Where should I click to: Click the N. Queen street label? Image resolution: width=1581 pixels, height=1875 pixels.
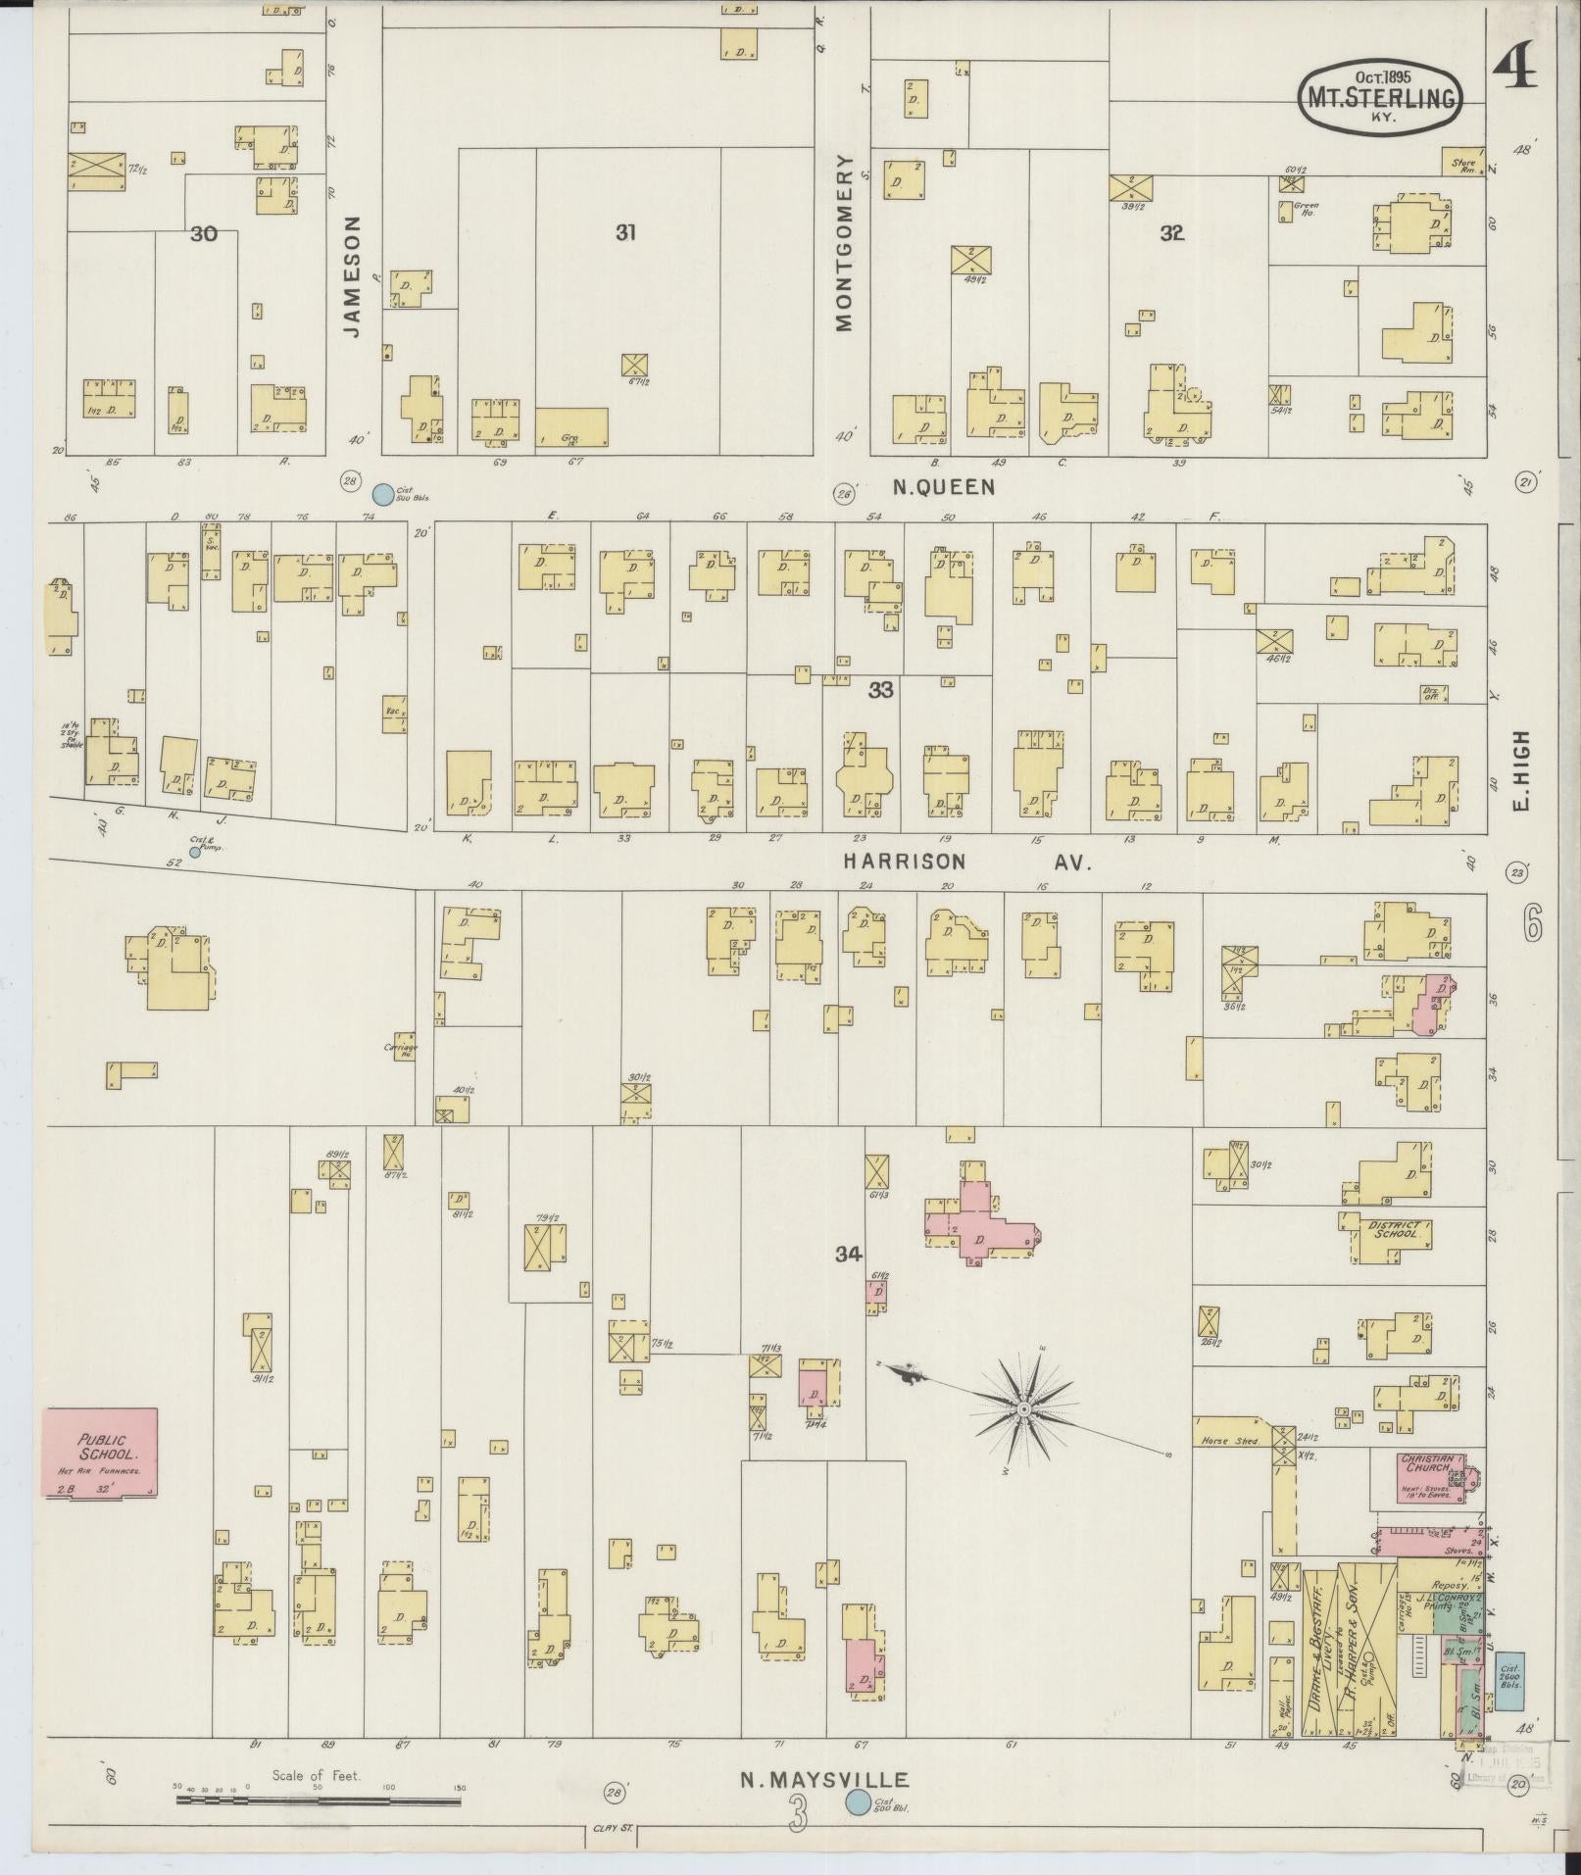[944, 487]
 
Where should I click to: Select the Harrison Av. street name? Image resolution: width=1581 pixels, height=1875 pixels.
[965, 862]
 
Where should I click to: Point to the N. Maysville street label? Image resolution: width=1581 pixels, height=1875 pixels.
[825, 1781]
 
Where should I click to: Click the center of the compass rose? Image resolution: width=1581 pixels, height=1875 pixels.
[1022, 1408]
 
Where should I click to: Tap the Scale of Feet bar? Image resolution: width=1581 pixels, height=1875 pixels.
[316, 1800]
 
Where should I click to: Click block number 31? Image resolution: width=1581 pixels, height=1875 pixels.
[625, 232]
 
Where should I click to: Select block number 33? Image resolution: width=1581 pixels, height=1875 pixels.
[879, 690]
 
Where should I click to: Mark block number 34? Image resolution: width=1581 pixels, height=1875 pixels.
[848, 1254]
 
